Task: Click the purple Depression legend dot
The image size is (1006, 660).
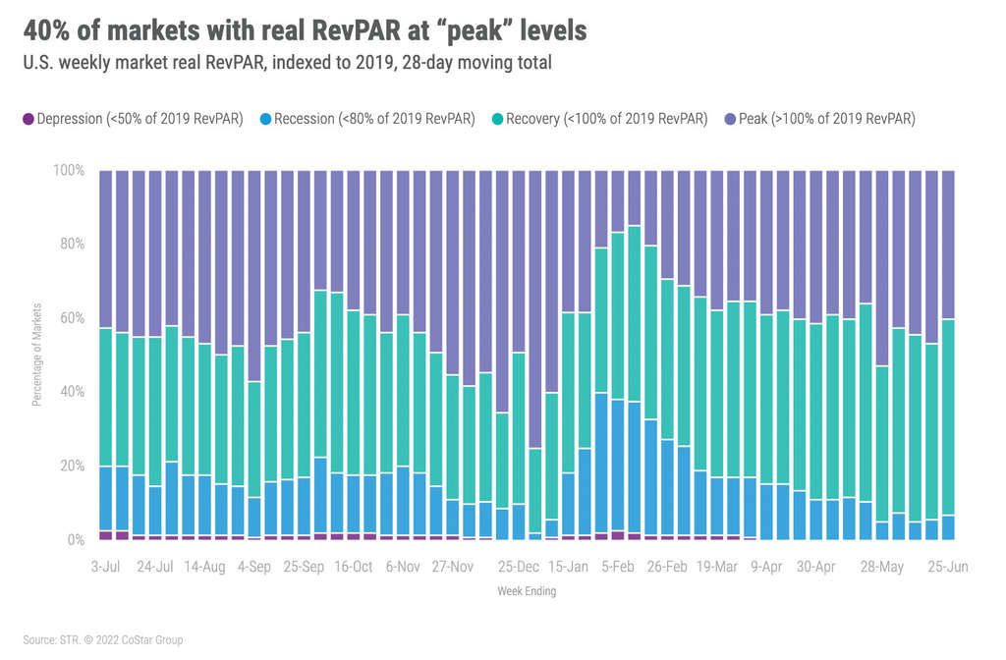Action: click(28, 119)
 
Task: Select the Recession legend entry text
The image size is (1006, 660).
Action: click(374, 119)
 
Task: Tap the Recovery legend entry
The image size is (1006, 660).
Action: click(606, 119)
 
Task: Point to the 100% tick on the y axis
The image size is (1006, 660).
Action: click(68, 170)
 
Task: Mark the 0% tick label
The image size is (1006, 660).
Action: click(75, 539)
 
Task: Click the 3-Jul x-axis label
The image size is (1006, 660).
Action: click(105, 567)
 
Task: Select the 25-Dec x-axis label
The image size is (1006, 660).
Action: click(518, 567)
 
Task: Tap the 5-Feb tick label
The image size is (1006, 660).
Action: click(616, 567)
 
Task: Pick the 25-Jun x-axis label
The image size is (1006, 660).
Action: click(948, 567)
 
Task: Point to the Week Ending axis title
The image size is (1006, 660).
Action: click(526, 591)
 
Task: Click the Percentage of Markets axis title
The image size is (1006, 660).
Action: click(36, 355)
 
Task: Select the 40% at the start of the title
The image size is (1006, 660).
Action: click(44, 30)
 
